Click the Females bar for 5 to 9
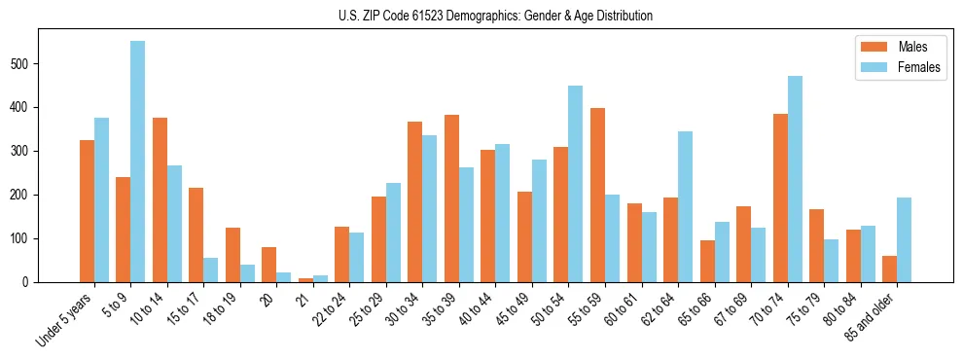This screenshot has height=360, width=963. click(138, 162)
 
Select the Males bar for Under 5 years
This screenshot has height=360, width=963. click(87, 211)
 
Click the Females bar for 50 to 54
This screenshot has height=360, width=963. click(576, 184)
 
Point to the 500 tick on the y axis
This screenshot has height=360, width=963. click(39, 63)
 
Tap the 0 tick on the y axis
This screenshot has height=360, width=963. click(39, 282)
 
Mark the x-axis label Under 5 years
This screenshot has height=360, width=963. click(66, 317)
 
